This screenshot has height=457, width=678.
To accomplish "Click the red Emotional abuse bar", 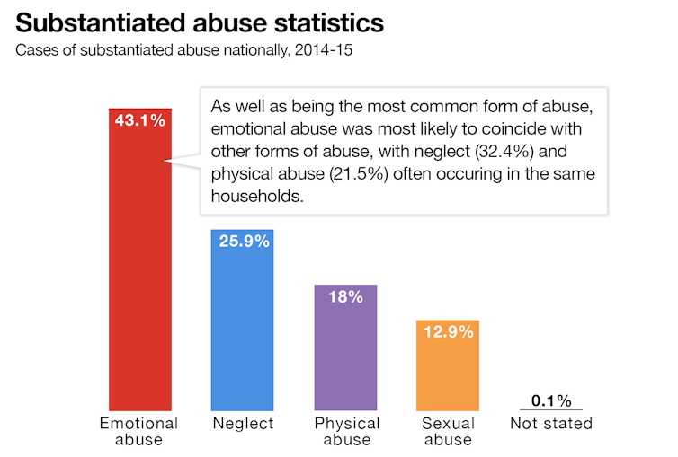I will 140,269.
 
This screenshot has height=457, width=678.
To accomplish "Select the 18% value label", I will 345,297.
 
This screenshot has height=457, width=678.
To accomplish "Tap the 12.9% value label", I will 448,332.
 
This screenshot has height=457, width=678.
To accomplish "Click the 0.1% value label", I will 550,400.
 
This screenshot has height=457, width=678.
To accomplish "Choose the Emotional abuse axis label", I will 140,431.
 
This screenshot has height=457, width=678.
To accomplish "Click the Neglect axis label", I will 242,423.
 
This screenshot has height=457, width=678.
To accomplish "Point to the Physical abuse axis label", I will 346,431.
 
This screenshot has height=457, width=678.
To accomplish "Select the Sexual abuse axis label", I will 448,431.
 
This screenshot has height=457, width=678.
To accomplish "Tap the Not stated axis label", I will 550,423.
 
